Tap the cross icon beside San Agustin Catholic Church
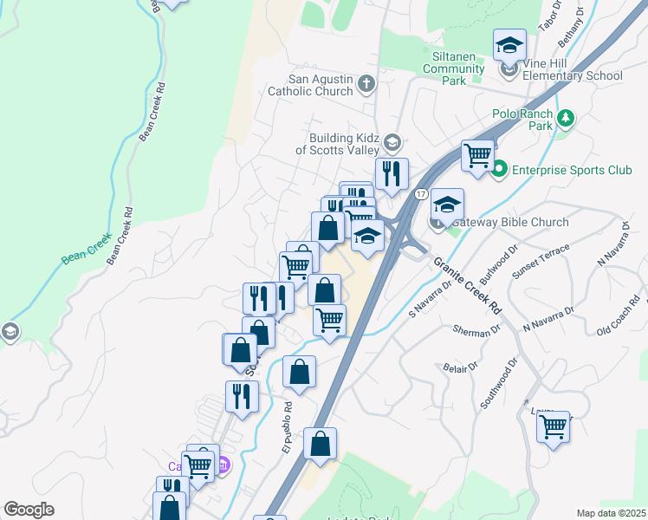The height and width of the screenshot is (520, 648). coord(366,84)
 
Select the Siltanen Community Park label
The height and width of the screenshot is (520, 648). coord(464,68)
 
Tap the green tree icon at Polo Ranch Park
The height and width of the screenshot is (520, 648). coord(566,116)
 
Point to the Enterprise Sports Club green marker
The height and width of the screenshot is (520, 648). coord(499,170)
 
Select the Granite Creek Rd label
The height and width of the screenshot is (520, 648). coord(469,285)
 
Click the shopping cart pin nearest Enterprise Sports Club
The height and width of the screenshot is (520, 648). coord(477,156)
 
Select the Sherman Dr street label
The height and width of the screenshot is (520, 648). coord(477,329)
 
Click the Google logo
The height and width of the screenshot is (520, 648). coord(29,510)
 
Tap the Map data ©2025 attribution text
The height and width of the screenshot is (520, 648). coord(611,513)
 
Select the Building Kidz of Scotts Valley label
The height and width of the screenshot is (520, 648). coord(333,143)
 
